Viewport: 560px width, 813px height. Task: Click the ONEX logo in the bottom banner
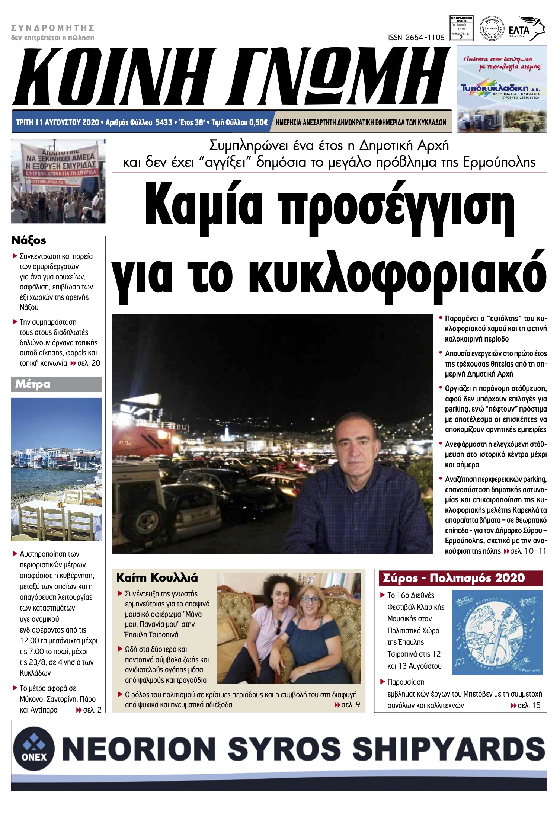(x=34, y=749)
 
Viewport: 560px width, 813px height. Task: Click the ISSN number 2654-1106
(x=416, y=38)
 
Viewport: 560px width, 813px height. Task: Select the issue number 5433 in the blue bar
(x=164, y=122)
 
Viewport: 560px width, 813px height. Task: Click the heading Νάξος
(x=29, y=240)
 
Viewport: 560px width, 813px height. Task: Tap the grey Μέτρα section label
(x=56, y=384)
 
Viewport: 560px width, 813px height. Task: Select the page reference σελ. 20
(x=89, y=363)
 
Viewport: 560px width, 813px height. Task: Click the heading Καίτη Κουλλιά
(x=157, y=578)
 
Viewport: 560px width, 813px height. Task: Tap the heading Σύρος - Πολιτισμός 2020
(x=454, y=578)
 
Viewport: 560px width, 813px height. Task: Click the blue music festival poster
(x=497, y=633)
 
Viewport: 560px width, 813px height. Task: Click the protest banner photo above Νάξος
(x=58, y=181)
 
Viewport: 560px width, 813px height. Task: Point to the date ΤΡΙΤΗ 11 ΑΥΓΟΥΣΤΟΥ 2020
(x=58, y=122)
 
